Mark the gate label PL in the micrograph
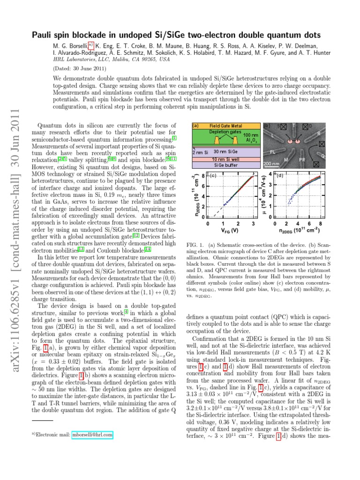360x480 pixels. click(273, 152)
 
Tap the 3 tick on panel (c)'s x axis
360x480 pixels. click(253, 224)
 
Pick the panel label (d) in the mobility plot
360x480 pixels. click(280, 176)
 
